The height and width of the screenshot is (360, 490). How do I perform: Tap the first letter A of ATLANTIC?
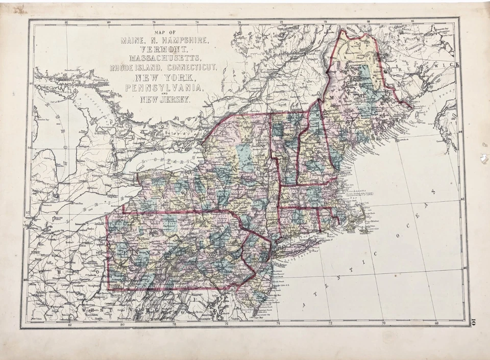click(305, 304)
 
